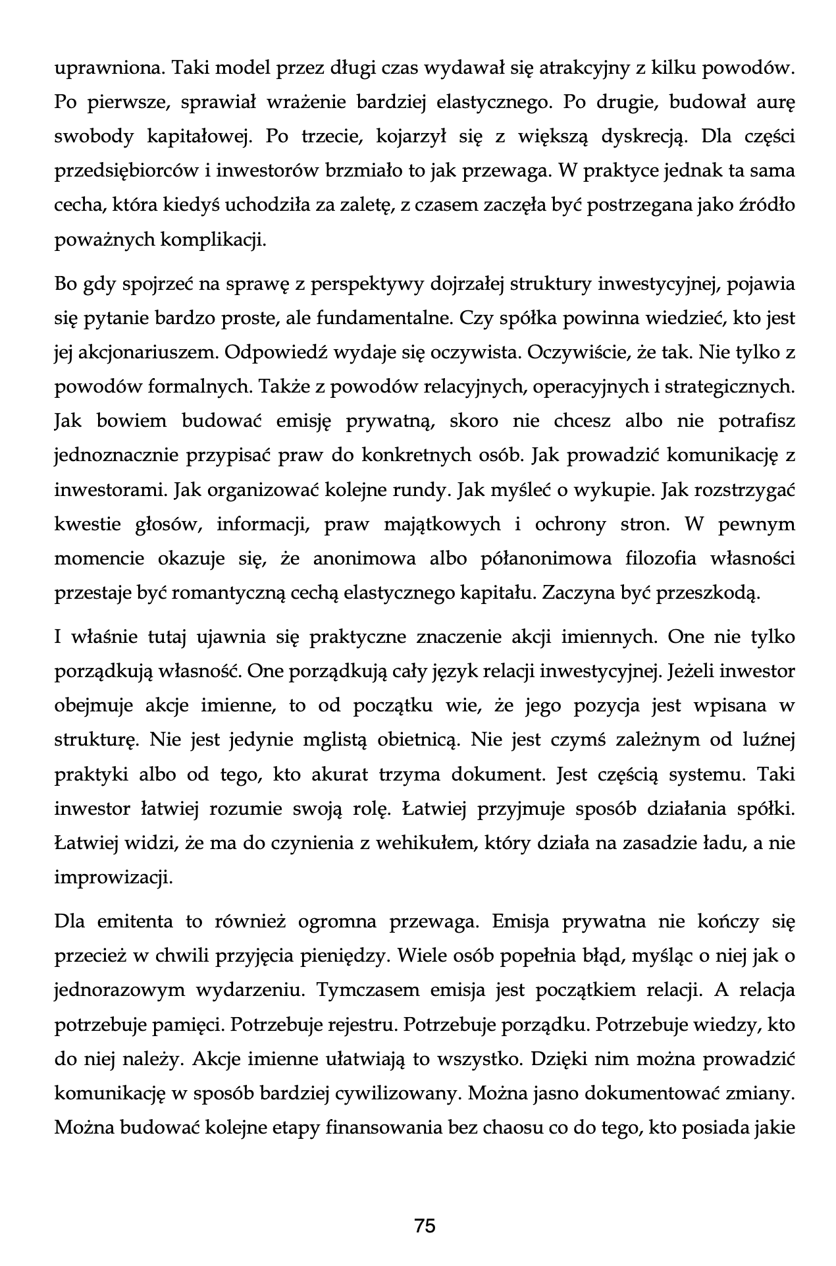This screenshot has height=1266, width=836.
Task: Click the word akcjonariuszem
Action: pos(147,353)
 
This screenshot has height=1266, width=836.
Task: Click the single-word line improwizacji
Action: pos(113,877)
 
